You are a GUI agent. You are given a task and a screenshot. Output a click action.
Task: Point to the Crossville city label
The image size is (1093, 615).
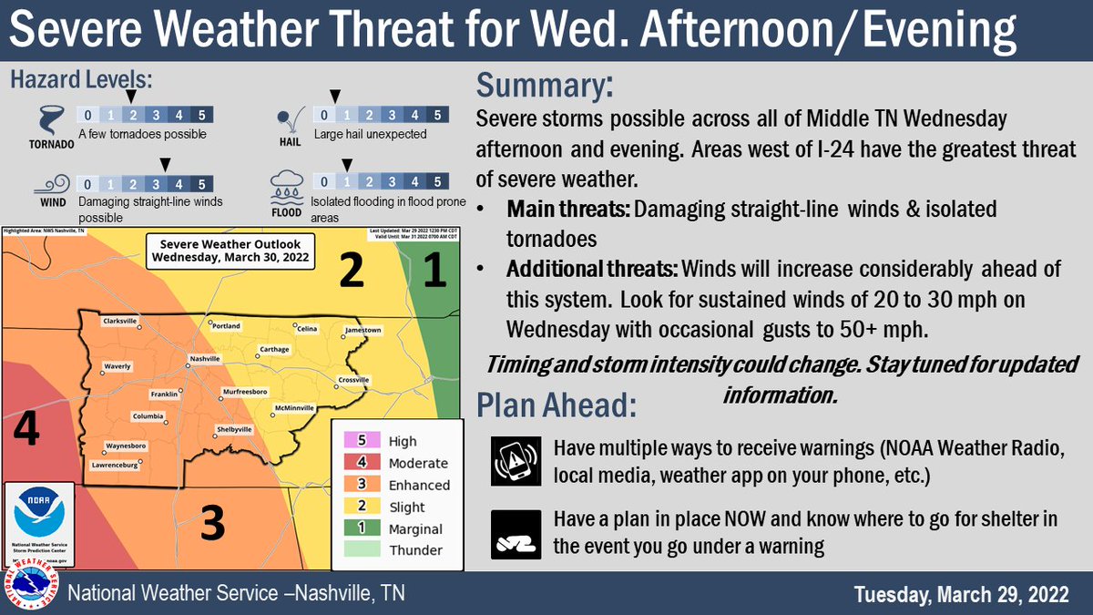pos(353,379)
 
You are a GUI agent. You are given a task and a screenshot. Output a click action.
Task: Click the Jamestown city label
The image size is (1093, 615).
pos(363,329)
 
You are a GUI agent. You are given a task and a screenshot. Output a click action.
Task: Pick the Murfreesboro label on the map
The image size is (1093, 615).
pos(245,391)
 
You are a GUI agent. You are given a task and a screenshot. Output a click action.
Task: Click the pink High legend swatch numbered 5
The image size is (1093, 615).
pos(362,441)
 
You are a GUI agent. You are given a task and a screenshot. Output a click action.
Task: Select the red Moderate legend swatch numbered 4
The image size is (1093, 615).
pos(362,463)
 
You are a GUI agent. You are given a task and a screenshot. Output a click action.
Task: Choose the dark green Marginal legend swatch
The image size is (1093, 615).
pos(362,528)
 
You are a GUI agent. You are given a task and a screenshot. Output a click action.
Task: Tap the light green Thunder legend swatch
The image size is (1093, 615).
pos(362,550)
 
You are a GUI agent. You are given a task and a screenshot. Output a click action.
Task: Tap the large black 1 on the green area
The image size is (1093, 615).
pos(435,270)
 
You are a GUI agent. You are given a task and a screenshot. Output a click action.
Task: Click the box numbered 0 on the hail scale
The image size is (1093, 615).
pos(323,115)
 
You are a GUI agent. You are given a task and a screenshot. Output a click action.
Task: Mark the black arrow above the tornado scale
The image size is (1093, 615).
pos(131,95)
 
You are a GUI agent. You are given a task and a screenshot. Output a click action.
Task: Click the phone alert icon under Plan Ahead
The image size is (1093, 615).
pos(511,459)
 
